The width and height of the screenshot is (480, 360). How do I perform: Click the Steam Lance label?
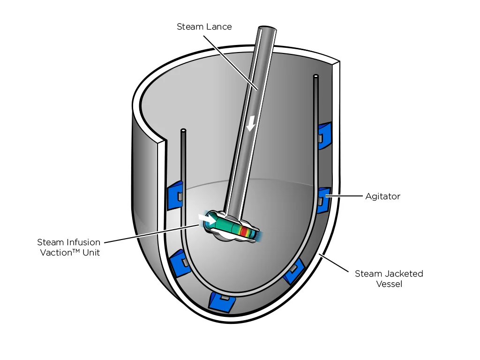coord(204,27)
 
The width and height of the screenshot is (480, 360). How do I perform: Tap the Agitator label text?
coord(382,196)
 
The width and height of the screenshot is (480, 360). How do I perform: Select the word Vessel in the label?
coord(389,284)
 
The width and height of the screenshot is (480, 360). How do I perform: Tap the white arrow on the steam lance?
coord(251,123)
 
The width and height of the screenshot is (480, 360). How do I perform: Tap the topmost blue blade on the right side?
coord(324,135)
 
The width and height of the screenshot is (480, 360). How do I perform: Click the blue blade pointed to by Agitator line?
coord(323,200)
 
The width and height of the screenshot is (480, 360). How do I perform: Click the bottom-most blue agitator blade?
coord(221,302)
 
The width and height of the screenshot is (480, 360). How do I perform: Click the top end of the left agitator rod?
coord(183,130)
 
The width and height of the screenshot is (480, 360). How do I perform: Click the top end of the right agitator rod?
coord(316,75)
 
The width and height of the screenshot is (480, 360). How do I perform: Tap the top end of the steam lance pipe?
coord(267,30)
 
